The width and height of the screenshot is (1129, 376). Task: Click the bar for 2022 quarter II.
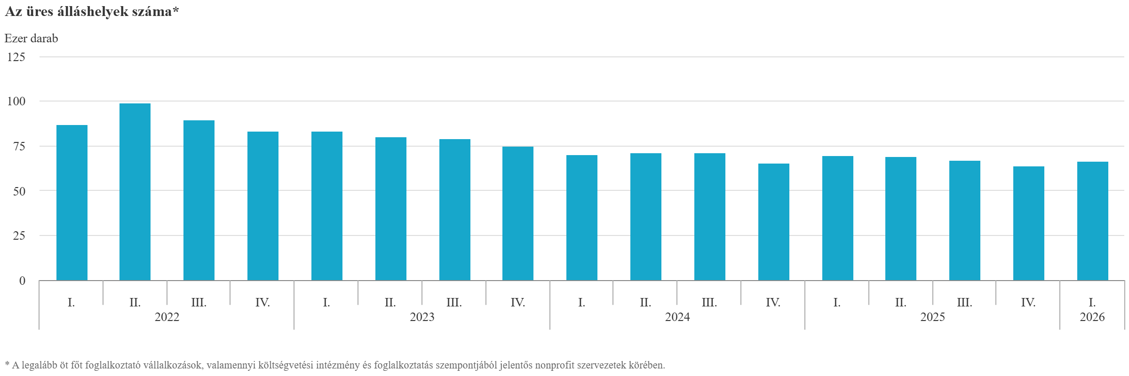135,192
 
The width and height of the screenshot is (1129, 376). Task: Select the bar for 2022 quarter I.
72,203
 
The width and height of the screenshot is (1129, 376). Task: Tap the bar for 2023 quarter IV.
518,213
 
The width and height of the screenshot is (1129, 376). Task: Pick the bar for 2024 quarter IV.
774,222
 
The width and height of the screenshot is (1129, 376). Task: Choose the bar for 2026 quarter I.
1093,221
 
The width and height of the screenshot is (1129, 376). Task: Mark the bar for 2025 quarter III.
965,220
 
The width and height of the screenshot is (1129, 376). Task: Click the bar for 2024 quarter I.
582,218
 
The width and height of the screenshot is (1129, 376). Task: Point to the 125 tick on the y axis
16,57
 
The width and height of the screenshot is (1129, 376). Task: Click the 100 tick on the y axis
16,101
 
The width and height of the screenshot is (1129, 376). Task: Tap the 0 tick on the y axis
22,281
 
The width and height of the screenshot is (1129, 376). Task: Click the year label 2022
167,317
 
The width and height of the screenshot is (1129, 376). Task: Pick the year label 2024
677,317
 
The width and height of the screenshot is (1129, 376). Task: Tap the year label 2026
1092,317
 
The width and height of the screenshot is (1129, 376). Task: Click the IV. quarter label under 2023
518,302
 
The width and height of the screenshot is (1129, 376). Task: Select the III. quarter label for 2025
965,302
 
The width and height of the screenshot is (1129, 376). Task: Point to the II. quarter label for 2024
645,302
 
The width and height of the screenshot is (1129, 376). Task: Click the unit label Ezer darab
32,38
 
